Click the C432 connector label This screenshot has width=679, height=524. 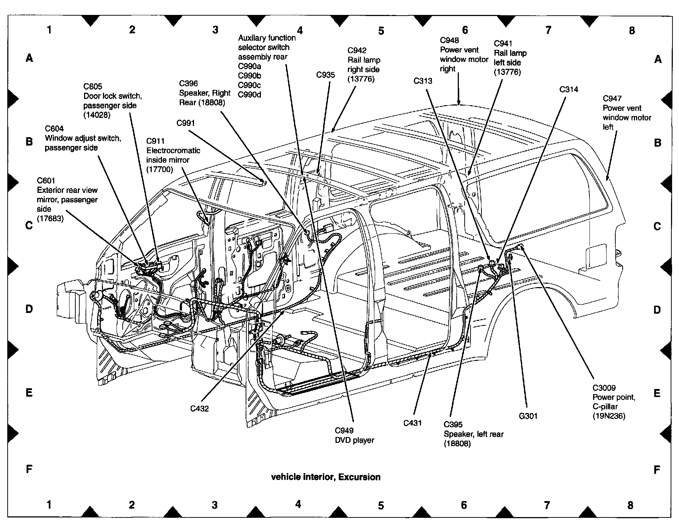[199, 409]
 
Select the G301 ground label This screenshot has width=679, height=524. [528, 416]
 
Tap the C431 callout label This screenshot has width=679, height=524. [412, 423]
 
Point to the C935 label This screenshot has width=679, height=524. [325, 75]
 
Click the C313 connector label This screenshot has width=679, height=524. [423, 81]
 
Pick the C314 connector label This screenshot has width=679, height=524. [569, 89]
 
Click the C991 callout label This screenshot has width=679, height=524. [186, 123]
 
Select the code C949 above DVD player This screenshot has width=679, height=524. [344, 431]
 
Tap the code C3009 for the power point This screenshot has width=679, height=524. [604, 388]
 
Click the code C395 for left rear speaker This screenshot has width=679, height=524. [453, 425]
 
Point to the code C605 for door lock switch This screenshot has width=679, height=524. [93, 87]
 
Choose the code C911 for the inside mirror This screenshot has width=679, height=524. [155, 141]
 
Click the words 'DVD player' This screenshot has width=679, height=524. [354, 440]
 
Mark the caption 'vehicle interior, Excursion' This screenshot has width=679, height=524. [326, 477]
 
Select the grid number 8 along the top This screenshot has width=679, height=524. [632, 31]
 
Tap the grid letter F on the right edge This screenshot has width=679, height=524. [657, 470]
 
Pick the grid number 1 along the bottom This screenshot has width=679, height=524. [49, 504]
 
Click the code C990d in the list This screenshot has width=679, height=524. [250, 95]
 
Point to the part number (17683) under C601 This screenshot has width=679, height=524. [50, 219]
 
